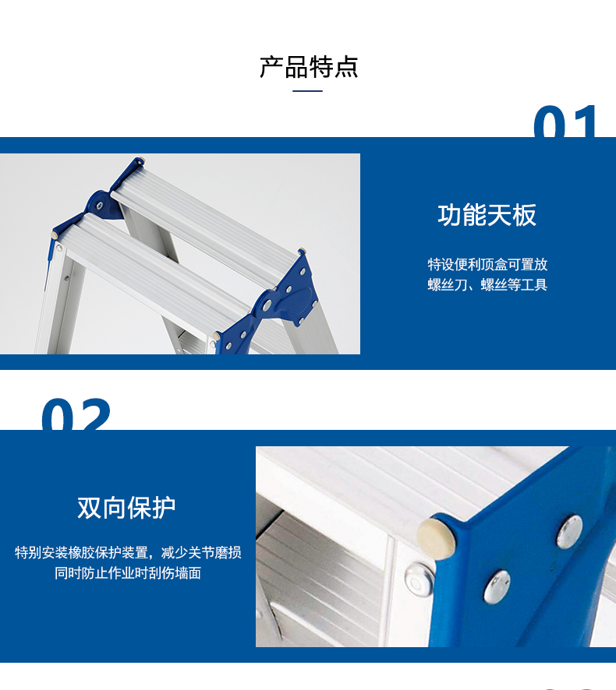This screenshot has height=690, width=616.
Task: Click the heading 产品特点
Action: click(308, 67)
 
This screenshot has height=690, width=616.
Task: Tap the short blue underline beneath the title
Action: click(307, 91)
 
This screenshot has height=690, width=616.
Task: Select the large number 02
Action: click(76, 414)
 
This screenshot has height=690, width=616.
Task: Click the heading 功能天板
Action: click(487, 215)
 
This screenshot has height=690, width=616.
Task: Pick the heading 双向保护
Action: click(126, 508)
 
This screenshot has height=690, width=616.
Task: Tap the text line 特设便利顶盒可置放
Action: click(487, 265)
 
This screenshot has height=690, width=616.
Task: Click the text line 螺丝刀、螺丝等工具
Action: click(487, 285)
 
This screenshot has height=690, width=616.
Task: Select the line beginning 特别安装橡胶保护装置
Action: click(128, 552)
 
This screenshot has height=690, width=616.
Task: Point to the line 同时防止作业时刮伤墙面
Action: click(128, 573)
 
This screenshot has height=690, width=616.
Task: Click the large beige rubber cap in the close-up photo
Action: click(436, 538)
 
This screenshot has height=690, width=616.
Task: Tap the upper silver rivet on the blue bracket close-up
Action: click(569, 532)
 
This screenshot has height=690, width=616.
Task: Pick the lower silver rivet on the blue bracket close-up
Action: click(497, 586)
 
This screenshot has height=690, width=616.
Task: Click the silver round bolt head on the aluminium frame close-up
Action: click(418, 581)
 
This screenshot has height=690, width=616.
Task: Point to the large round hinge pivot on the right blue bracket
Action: click(266, 305)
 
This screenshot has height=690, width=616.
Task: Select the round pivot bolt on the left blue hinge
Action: click(100, 205)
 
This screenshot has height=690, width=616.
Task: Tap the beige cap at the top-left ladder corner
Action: click(140, 160)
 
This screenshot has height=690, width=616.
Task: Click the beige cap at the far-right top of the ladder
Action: click(302, 252)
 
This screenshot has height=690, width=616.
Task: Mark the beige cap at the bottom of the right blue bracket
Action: click(216, 336)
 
